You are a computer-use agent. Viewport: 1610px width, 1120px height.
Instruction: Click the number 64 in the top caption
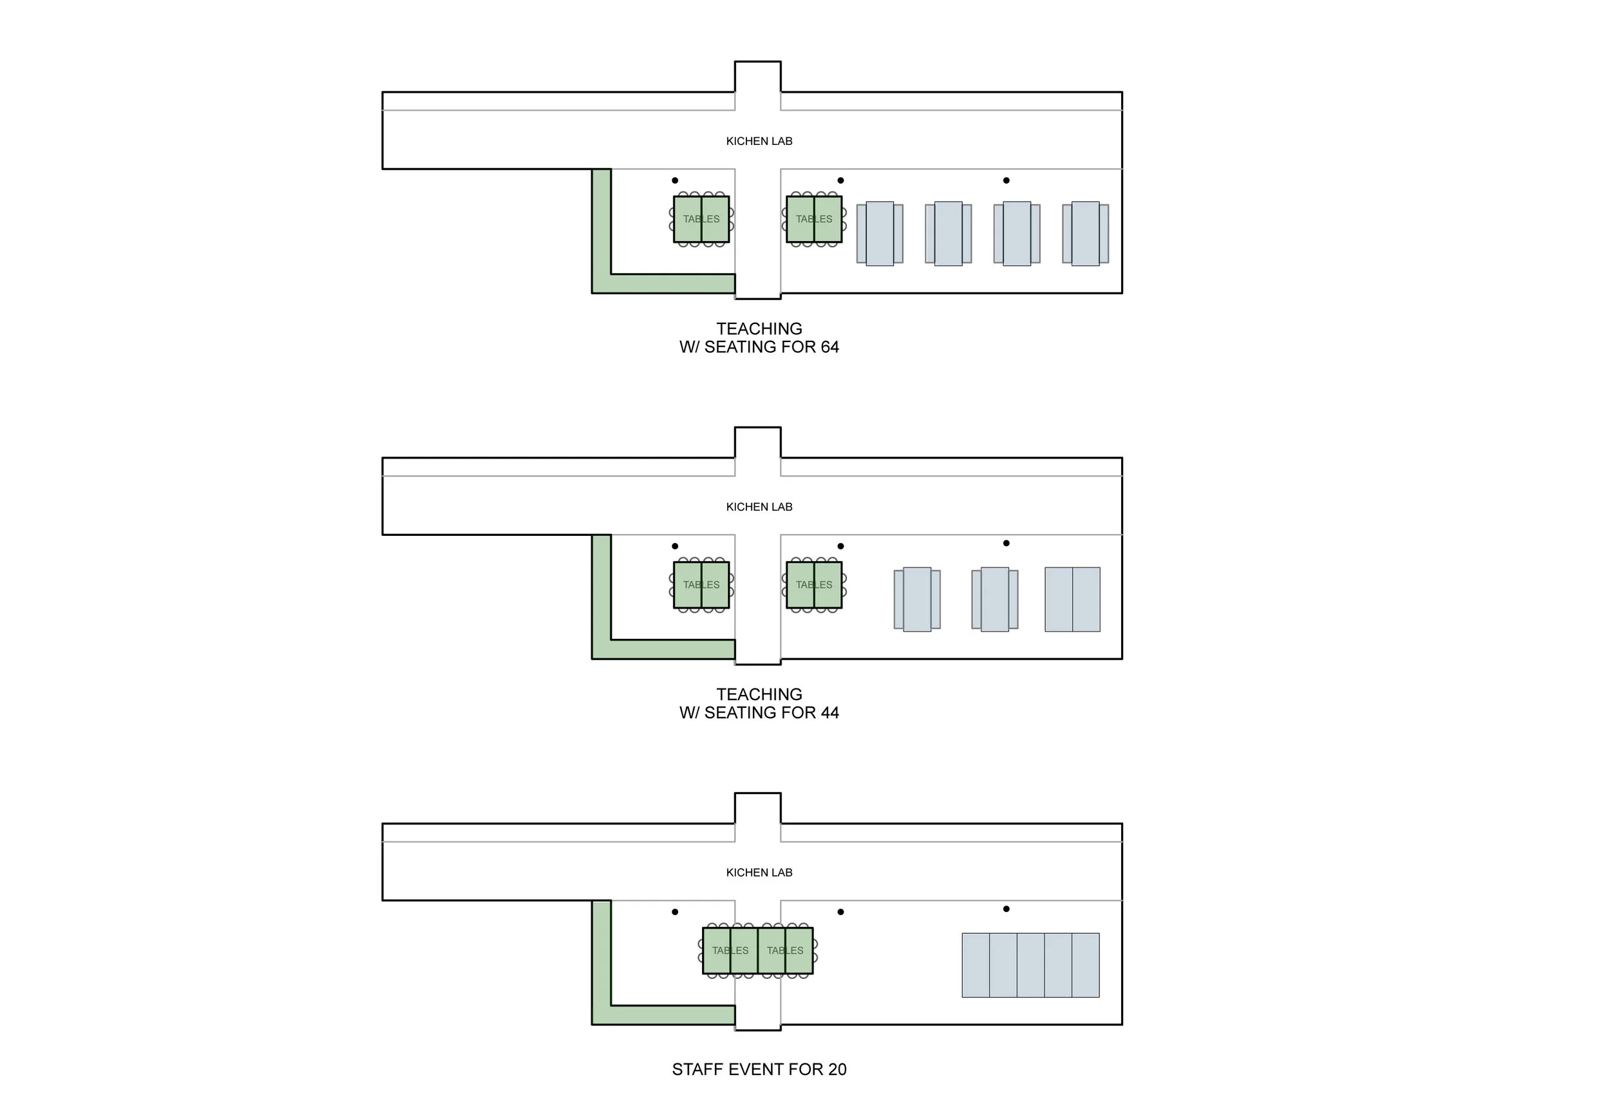pos(829,347)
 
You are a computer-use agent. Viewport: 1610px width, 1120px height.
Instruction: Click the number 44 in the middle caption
pos(829,712)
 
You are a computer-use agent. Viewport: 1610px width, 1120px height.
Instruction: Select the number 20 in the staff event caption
pos(837,1070)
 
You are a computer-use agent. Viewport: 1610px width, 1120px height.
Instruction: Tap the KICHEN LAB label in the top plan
pos(759,141)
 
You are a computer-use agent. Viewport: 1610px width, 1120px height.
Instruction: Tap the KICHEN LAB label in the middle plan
pos(759,507)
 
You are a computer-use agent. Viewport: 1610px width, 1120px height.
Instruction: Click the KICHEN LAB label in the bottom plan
pos(759,873)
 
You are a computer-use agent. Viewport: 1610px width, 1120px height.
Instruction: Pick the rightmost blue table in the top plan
pos(1084,234)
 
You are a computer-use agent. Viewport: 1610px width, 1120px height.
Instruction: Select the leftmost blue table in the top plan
pos(879,234)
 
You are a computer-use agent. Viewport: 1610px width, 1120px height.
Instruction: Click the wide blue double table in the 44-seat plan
pos(1072,600)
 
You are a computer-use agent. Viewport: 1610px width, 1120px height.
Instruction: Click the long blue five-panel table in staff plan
pos(1030,965)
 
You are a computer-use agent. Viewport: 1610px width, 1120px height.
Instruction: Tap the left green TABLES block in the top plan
pos(701,220)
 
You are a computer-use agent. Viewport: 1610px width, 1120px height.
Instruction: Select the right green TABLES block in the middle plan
pos(813,585)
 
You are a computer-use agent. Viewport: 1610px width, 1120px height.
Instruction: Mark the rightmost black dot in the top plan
pos(1006,180)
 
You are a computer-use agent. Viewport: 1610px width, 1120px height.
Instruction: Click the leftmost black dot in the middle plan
pos(674,546)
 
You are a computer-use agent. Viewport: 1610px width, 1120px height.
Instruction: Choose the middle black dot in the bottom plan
pos(840,912)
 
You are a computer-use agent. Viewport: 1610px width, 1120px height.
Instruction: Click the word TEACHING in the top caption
pos(759,329)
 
